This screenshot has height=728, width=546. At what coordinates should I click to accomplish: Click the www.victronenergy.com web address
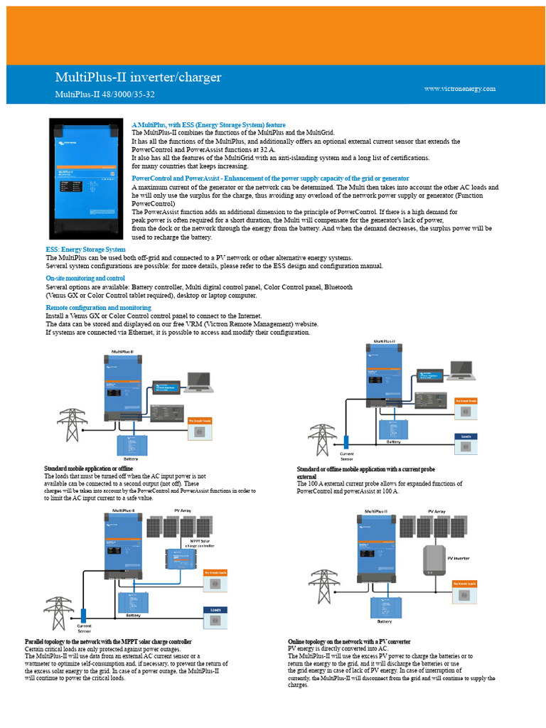coord(459,89)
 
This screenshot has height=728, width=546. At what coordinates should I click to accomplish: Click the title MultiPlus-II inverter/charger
coord(138,77)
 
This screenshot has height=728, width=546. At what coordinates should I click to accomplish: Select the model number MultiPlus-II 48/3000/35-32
coord(105,94)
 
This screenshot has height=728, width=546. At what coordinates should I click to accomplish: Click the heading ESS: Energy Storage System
coord(85,250)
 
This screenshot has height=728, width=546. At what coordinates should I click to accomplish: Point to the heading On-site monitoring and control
coord(85,278)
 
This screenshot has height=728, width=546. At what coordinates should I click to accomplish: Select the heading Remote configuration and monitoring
coord(98,307)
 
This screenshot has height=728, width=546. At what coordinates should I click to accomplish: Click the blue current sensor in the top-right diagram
coord(347,442)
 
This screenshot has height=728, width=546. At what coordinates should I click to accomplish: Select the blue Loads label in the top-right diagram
coord(466,437)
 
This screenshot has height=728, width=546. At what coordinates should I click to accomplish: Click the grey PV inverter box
coord(433,560)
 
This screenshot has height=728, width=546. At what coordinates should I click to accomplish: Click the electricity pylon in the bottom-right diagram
coord(324,587)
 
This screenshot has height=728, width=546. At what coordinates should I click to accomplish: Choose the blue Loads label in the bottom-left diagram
coord(215,609)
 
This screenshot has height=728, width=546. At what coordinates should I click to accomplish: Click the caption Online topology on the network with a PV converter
coord(348,641)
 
